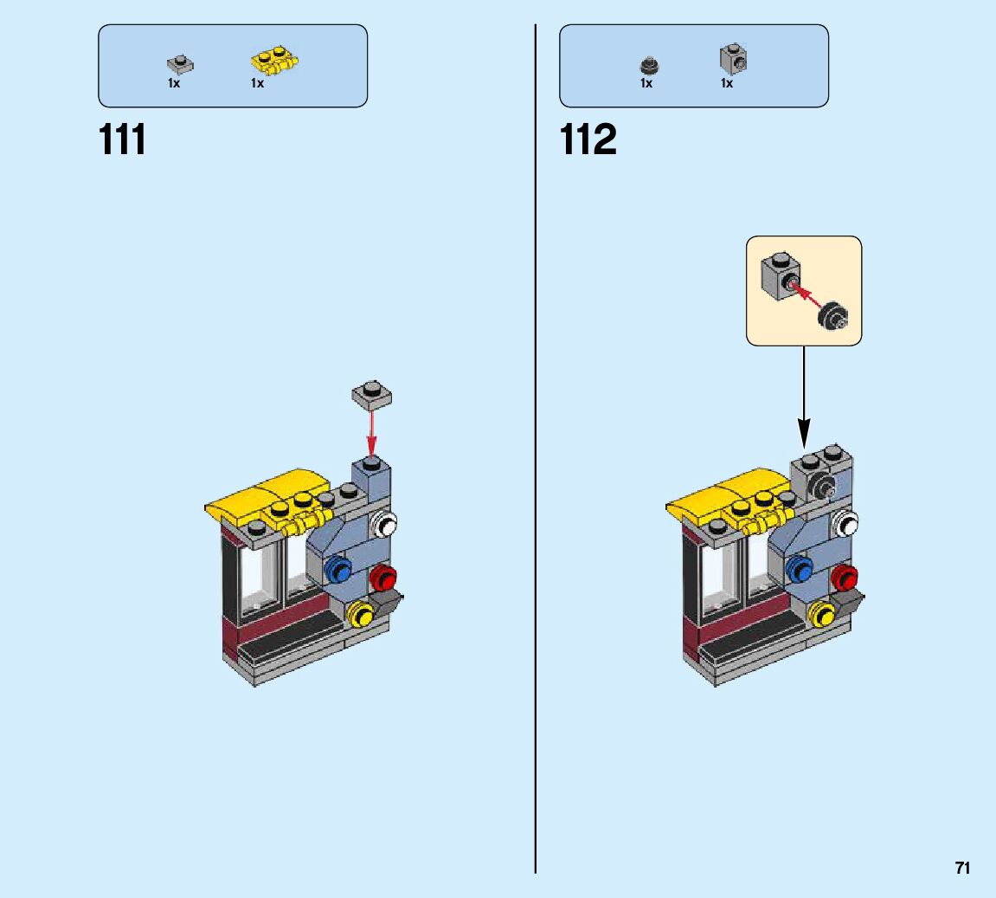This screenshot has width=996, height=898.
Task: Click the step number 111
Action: click(123, 139)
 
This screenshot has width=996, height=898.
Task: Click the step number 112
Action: click(588, 139)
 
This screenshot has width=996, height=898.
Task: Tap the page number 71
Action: click(962, 868)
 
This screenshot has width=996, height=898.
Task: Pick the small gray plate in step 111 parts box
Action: click(179, 63)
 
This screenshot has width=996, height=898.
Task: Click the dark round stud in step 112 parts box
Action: click(647, 65)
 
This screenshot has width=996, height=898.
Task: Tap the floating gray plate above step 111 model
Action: click(372, 395)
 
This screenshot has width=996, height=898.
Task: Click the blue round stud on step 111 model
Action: click(338, 569)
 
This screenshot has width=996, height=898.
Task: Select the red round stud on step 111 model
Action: click(382, 577)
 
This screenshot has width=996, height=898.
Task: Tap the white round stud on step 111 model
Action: click(382, 525)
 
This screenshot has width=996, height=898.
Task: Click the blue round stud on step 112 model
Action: click(800, 568)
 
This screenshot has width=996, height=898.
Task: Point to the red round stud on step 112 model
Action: click(843, 577)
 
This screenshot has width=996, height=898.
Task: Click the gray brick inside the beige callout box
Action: click(778, 275)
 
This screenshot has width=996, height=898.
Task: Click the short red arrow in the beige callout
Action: click(806, 294)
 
